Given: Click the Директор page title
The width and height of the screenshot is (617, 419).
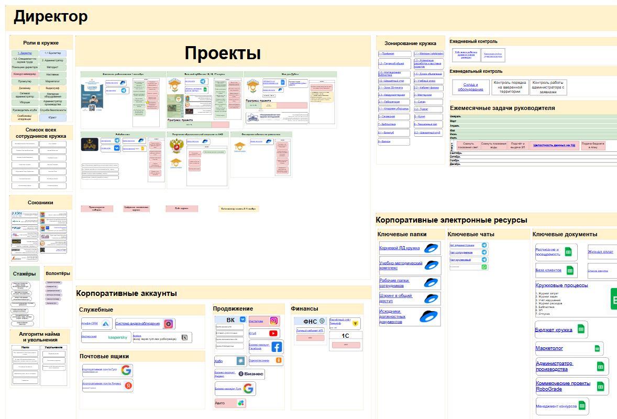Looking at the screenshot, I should pyautogui.click(x=51, y=17).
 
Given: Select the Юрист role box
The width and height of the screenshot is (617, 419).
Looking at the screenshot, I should pyautogui.click(x=52, y=118).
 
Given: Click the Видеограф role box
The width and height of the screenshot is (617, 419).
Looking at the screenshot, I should pyautogui.click(x=52, y=89).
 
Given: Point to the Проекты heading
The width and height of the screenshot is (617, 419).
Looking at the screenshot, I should pyautogui.click(x=223, y=53).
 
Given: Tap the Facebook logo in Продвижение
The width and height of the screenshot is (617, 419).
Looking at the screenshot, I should pyautogui.click(x=276, y=346).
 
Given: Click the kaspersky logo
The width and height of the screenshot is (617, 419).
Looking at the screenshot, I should pyautogui.click(x=117, y=337).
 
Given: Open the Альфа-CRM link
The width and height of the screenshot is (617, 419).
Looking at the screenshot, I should pyautogui.click(x=90, y=324).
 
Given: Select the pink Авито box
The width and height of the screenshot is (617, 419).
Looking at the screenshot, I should pyautogui.click(x=230, y=403).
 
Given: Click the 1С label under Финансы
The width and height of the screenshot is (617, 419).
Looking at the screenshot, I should pyautogui.click(x=345, y=336).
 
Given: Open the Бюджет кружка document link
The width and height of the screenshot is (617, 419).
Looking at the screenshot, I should pyautogui.click(x=553, y=330).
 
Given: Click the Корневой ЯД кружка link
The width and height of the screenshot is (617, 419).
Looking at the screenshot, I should pyautogui.click(x=399, y=248).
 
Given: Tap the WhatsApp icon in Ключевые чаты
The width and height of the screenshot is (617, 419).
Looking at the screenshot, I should pyautogui.click(x=484, y=267).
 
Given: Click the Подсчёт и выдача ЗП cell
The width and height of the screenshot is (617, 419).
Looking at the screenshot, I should pyautogui.click(x=517, y=146).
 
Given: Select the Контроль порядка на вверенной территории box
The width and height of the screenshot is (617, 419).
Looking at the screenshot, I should pyautogui.click(x=509, y=87).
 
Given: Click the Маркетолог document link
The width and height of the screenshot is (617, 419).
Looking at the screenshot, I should pyautogui.click(x=549, y=348).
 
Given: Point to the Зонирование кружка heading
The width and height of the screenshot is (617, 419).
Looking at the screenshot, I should pyautogui.click(x=410, y=43).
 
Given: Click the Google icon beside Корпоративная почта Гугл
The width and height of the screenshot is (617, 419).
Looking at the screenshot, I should pyautogui.click(x=126, y=370).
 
